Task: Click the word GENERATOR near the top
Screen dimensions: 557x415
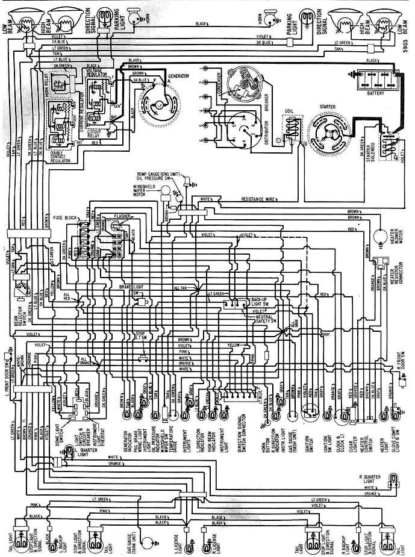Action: (179, 78)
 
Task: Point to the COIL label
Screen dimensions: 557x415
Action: (289, 110)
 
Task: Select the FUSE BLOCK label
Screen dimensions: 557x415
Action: (64, 216)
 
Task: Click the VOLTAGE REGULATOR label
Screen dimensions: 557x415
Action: (95, 75)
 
